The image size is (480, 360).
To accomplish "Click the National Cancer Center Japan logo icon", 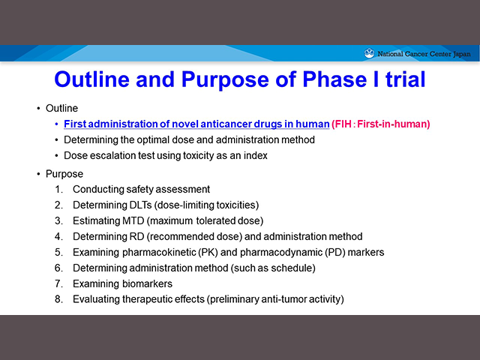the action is [x=369, y=53].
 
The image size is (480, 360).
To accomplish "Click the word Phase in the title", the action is [x=334, y=79].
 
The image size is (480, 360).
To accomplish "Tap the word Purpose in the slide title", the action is [x=225, y=80].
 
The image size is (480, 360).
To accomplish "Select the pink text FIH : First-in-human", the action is [x=381, y=124].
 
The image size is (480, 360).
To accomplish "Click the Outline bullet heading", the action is [x=61, y=108].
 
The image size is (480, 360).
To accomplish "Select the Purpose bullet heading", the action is [x=64, y=174].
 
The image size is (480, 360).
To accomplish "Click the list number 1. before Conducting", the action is [x=58, y=190].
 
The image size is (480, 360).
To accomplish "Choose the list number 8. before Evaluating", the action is [x=58, y=299].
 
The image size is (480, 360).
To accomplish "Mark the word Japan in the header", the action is [x=462, y=54].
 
